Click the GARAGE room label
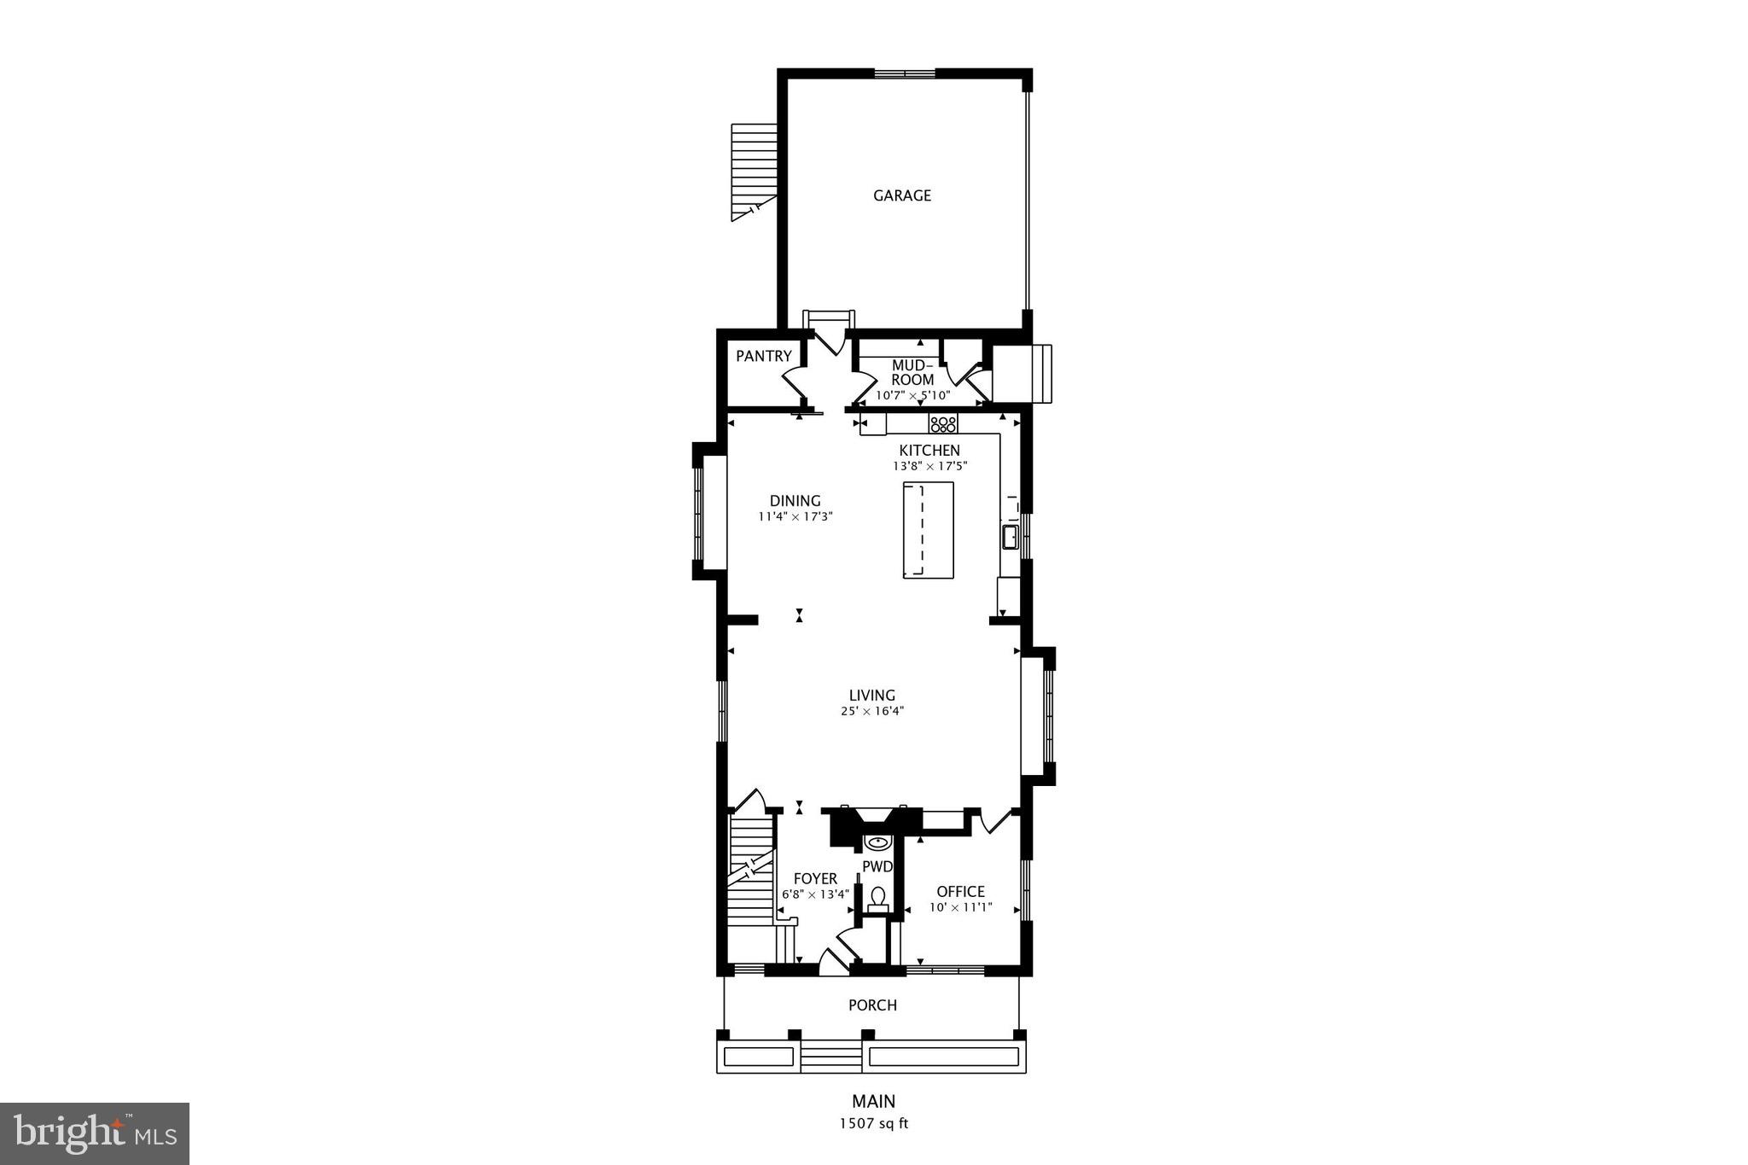point(901,195)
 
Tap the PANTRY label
point(764,356)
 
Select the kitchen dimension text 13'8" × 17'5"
point(929,466)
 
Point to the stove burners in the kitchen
point(943,423)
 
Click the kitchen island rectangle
point(928,530)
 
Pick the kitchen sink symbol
point(1010,537)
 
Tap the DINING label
point(795,501)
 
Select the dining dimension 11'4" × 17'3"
point(795,516)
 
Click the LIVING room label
point(871,696)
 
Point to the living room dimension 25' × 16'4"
point(871,711)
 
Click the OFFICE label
point(960,892)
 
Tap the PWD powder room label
point(877,867)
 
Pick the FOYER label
point(815,879)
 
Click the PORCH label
point(872,1005)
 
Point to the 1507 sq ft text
point(873,1123)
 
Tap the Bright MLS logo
point(95,1133)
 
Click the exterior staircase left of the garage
point(755,171)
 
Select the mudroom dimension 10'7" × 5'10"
point(912,395)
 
